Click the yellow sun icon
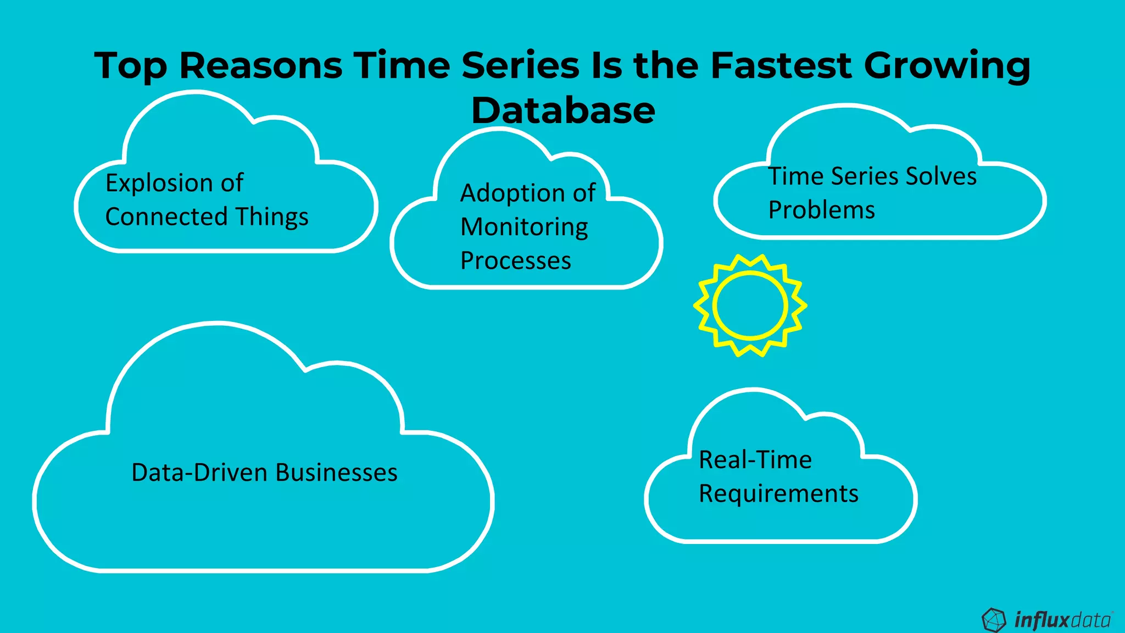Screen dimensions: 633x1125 [750, 305]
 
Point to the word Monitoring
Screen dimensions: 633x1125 [524, 227]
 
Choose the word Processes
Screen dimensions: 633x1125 [515, 261]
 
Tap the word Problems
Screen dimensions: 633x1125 [821, 210]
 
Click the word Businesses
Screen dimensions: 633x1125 [336, 473]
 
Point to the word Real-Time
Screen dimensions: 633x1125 [755, 460]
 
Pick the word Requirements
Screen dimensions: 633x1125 [778, 493]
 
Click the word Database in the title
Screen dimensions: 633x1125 [563, 110]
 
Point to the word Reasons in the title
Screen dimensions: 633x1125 [261, 65]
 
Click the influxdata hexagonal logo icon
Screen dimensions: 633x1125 [993, 620]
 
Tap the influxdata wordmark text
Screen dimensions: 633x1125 [1062, 620]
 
